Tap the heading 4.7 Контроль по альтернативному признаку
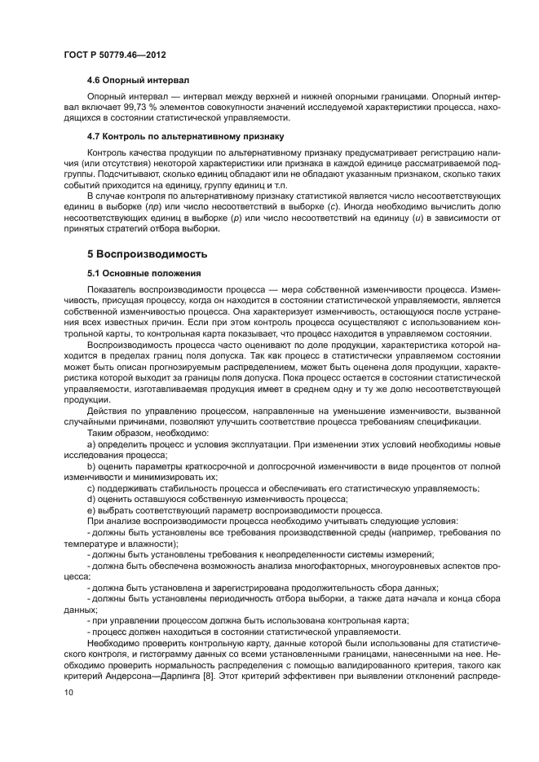pyautogui.click(x=185, y=135)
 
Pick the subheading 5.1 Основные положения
pyautogui.click(x=143, y=273)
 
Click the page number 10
pyautogui.click(x=67, y=692)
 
